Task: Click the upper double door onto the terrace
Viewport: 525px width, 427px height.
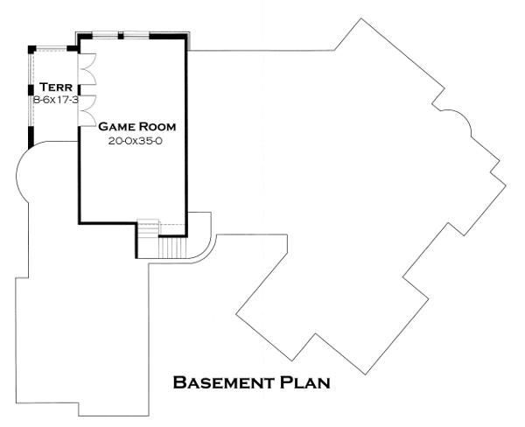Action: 87,67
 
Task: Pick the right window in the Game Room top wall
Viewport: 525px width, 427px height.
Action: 136,36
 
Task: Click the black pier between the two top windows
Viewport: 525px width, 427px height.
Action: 120,36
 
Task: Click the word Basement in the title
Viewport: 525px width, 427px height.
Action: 224,382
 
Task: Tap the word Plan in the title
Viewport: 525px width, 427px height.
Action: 304,382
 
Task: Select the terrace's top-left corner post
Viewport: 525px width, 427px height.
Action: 31,48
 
